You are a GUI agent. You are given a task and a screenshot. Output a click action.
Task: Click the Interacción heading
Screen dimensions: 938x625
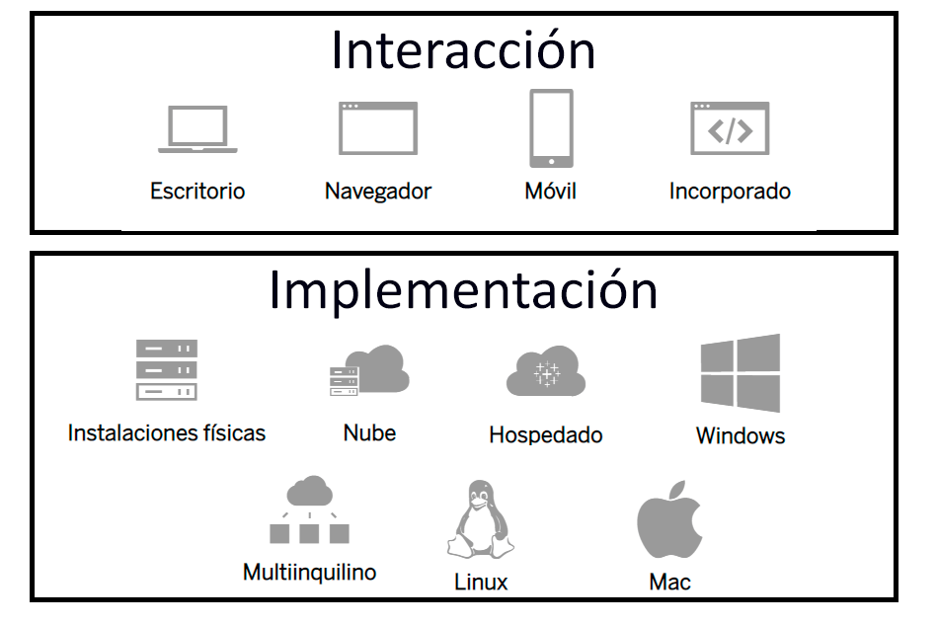[463, 50]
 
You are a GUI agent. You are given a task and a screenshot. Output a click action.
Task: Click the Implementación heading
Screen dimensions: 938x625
[463, 290]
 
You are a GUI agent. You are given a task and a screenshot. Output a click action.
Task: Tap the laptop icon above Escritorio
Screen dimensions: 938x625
[197, 129]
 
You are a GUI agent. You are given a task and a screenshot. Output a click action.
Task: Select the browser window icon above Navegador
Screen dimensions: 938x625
[378, 128]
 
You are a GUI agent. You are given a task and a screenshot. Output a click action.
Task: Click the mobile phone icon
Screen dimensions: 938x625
[551, 128]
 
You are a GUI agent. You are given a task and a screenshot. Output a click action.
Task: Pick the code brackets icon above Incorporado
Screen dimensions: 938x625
[730, 128]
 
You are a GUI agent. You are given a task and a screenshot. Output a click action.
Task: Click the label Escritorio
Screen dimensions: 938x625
[197, 191]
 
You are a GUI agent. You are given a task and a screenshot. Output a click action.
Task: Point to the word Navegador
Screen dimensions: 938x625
[378, 191]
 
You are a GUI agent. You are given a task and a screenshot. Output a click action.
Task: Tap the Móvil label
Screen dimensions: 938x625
[550, 191]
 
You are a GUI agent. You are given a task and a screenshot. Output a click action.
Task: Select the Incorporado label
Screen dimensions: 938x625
[730, 191]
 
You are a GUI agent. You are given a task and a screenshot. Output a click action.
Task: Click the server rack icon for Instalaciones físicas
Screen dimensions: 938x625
[167, 369]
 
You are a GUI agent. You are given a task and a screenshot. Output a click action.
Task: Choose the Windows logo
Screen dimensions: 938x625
[741, 372]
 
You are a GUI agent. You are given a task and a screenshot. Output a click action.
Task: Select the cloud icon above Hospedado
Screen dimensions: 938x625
[545, 372]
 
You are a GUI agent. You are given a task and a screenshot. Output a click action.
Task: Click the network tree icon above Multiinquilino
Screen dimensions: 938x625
[309, 510]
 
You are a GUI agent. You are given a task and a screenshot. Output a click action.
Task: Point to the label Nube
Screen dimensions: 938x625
[369, 432]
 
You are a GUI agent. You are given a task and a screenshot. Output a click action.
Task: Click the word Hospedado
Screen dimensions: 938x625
[545, 434]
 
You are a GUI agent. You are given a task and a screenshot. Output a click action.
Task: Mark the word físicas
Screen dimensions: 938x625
[231, 432]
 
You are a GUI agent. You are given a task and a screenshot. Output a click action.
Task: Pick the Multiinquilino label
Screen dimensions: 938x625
[309, 572]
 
